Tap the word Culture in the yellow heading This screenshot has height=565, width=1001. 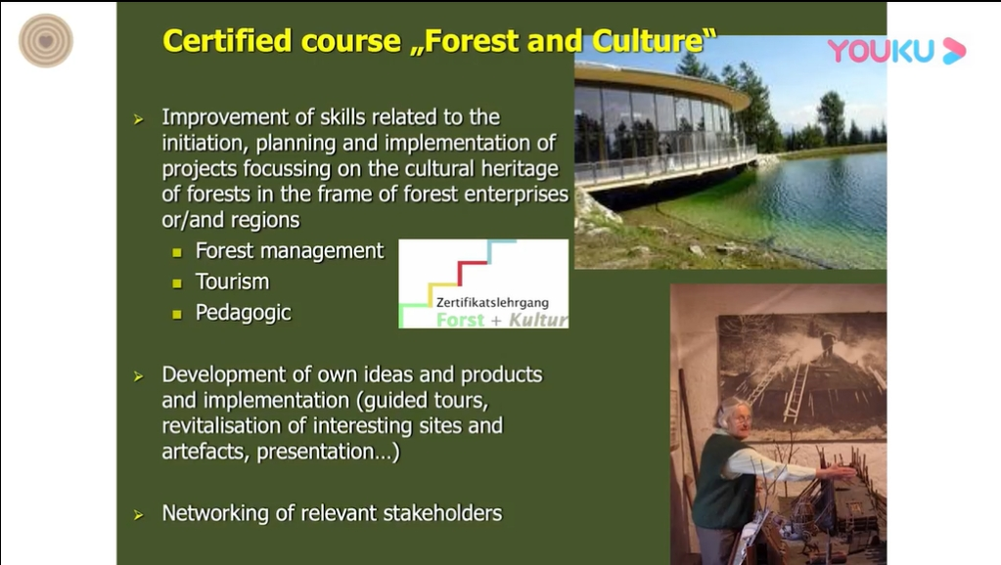pyautogui.click(x=648, y=41)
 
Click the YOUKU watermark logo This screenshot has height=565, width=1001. pyautogui.click(x=896, y=51)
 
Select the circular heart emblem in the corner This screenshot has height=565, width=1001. pyautogui.click(x=46, y=41)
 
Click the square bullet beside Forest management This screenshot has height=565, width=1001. pyautogui.click(x=177, y=252)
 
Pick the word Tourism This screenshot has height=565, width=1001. pyautogui.click(x=232, y=282)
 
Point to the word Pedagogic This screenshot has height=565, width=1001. pyautogui.click(x=244, y=313)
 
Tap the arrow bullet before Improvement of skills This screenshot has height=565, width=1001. pyautogui.click(x=139, y=119)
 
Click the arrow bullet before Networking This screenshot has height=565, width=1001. pyautogui.click(x=139, y=514)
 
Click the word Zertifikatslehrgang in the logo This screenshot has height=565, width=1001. pyautogui.click(x=492, y=303)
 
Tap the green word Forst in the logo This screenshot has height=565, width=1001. pyautogui.click(x=460, y=320)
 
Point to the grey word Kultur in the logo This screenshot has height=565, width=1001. pyautogui.click(x=538, y=320)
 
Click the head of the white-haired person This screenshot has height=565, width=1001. pyautogui.click(x=735, y=416)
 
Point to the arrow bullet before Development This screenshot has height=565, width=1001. pyautogui.click(x=139, y=377)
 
